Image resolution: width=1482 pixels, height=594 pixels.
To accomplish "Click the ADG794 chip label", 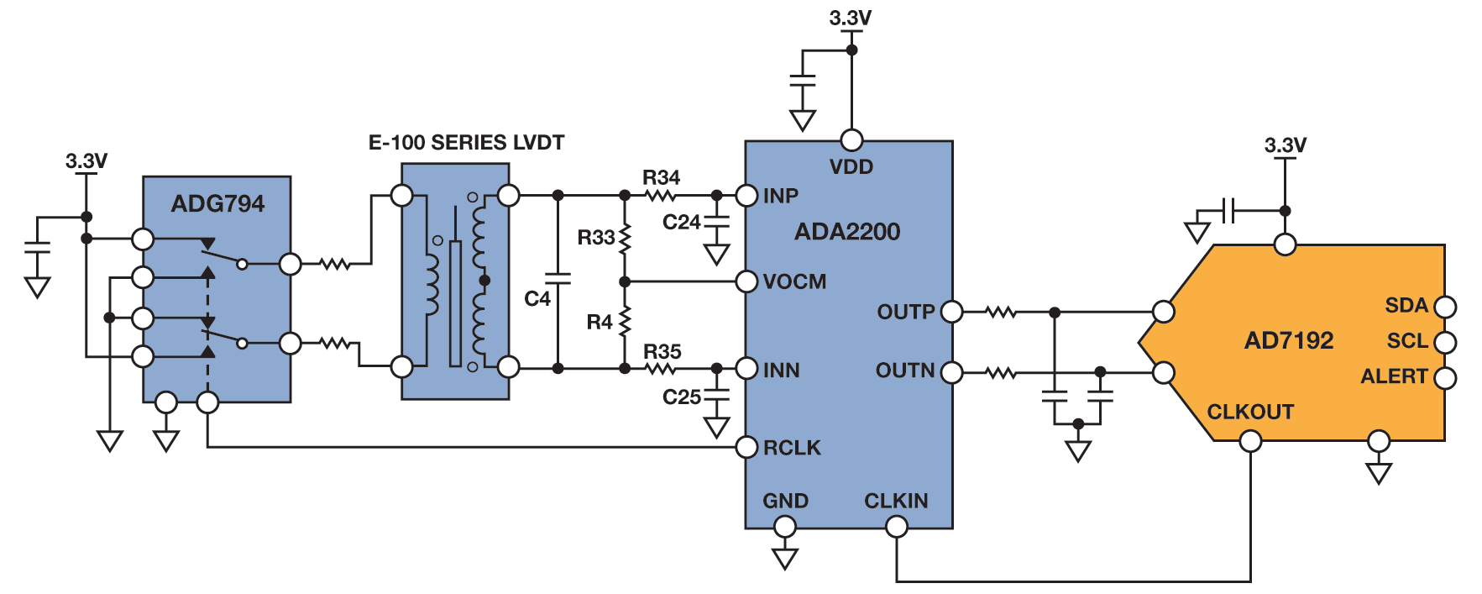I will pyautogui.click(x=217, y=203).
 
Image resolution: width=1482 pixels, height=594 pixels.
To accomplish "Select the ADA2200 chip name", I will pyautogui.click(x=846, y=232).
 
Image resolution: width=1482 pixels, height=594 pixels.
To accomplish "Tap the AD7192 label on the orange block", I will pyautogui.click(x=1288, y=340).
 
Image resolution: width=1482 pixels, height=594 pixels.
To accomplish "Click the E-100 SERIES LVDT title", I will pyautogui.click(x=466, y=143).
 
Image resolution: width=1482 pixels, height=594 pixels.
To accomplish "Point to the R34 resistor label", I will pyautogui.click(x=661, y=177).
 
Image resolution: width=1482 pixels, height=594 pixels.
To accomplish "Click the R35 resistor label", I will pyautogui.click(x=662, y=351).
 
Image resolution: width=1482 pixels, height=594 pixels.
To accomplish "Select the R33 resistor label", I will pyautogui.click(x=595, y=238).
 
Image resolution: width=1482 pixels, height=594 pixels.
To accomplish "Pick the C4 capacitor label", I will pyautogui.click(x=537, y=298).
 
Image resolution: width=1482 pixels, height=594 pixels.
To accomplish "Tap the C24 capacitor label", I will pyautogui.click(x=681, y=223).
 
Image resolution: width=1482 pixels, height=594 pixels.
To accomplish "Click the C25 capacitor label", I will pyautogui.click(x=681, y=397).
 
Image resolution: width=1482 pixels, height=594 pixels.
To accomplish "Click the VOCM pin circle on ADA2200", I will pyautogui.click(x=746, y=281).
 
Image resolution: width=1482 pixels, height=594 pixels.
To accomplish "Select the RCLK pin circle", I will pyautogui.click(x=746, y=447).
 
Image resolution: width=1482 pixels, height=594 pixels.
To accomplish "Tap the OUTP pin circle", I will pyautogui.click(x=951, y=312).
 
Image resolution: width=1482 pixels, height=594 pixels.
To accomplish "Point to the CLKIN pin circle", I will pyautogui.click(x=897, y=527).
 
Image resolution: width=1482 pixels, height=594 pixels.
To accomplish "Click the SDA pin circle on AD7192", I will pyautogui.click(x=1445, y=307).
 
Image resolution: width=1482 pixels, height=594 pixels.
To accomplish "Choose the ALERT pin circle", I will pyautogui.click(x=1445, y=378).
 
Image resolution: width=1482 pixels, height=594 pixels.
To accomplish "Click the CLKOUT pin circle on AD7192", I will pyautogui.click(x=1250, y=441).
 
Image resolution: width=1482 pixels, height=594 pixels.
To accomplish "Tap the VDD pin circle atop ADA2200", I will pyautogui.click(x=851, y=140).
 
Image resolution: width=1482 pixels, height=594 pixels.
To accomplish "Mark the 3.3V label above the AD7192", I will pyautogui.click(x=1285, y=145).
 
